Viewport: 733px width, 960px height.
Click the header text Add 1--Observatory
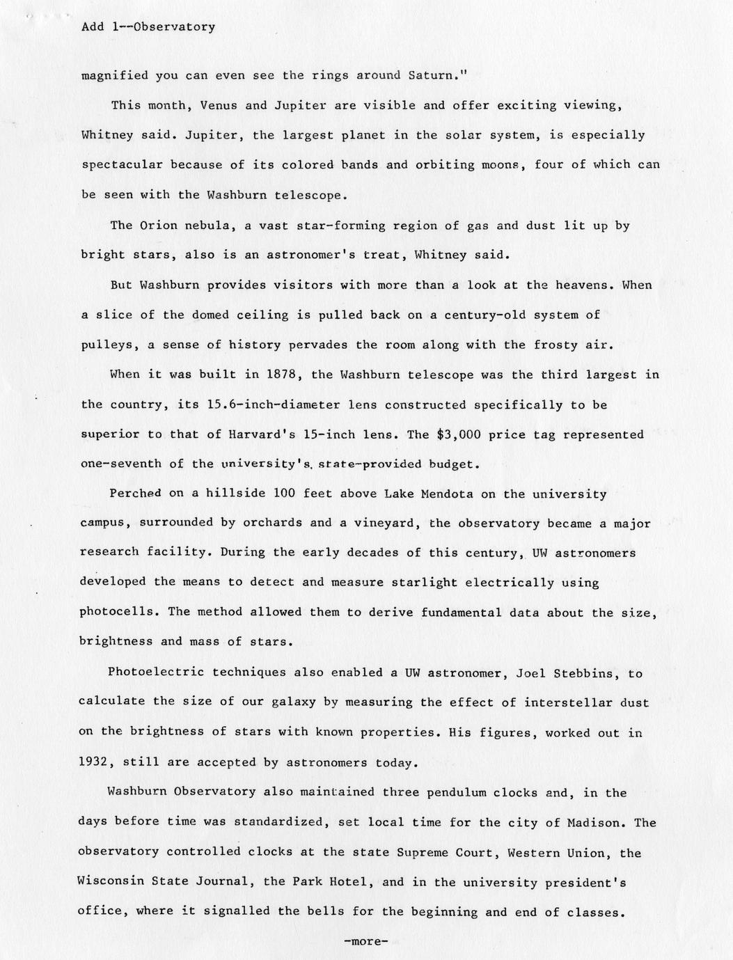pos(148,27)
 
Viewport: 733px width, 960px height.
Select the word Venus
pos(219,105)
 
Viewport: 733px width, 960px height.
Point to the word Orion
pos(159,225)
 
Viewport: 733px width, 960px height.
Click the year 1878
pos(282,374)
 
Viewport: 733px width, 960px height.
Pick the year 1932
pos(97,762)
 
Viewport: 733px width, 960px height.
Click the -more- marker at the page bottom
pos(365,941)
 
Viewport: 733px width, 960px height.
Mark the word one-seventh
pos(120,464)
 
